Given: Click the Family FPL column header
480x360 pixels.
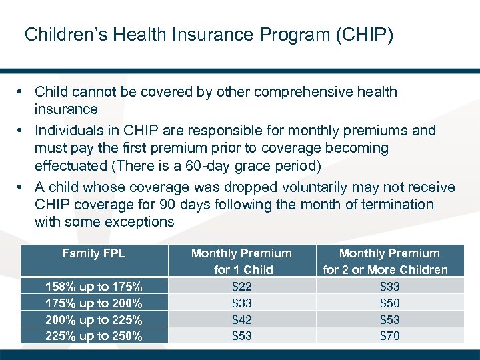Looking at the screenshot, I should pos(93,253).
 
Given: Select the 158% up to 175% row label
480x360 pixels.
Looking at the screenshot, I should pos(93,287).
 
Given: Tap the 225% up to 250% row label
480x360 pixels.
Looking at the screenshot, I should pos(93,336).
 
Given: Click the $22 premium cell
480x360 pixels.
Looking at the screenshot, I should pos(241,287).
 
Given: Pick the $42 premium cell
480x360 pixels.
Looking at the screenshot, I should pos(241,320).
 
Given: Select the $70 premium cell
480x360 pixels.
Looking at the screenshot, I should pos(389,336).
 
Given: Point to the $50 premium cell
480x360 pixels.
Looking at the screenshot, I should pos(389,303).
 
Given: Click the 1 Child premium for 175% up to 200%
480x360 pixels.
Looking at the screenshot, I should pos(241,303).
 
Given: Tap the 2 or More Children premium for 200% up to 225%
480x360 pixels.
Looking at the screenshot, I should pos(389,320).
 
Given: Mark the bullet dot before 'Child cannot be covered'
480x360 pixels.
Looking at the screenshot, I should pos(22,92).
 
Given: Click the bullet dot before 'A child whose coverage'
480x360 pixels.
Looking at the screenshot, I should pos(22,187).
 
